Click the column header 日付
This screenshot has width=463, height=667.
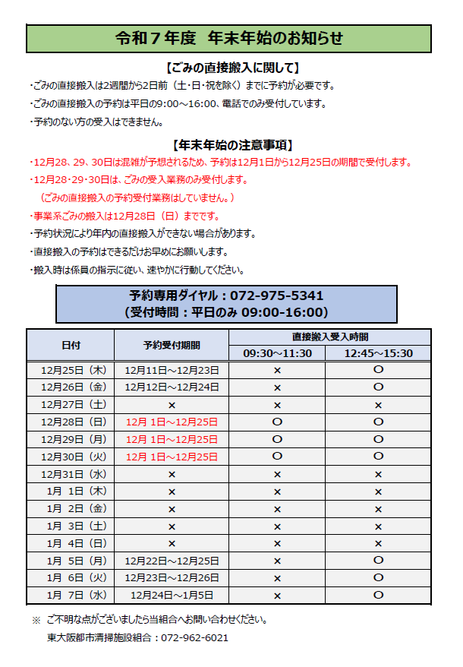click(71, 345)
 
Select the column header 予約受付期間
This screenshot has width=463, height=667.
click(172, 345)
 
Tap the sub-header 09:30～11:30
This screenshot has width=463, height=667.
click(277, 353)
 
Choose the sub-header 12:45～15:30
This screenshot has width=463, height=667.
click(378, 353)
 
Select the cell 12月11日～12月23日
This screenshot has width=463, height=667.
click(172, 370)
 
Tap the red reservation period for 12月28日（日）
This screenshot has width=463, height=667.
click(172, 422)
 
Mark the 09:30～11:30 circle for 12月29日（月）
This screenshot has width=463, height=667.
click(277, 439)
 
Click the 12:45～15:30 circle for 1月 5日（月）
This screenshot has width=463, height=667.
click(378, 560)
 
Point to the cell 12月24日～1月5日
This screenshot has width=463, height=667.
click(172, 595)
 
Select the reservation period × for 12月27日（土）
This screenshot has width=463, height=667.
click(172, 405)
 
